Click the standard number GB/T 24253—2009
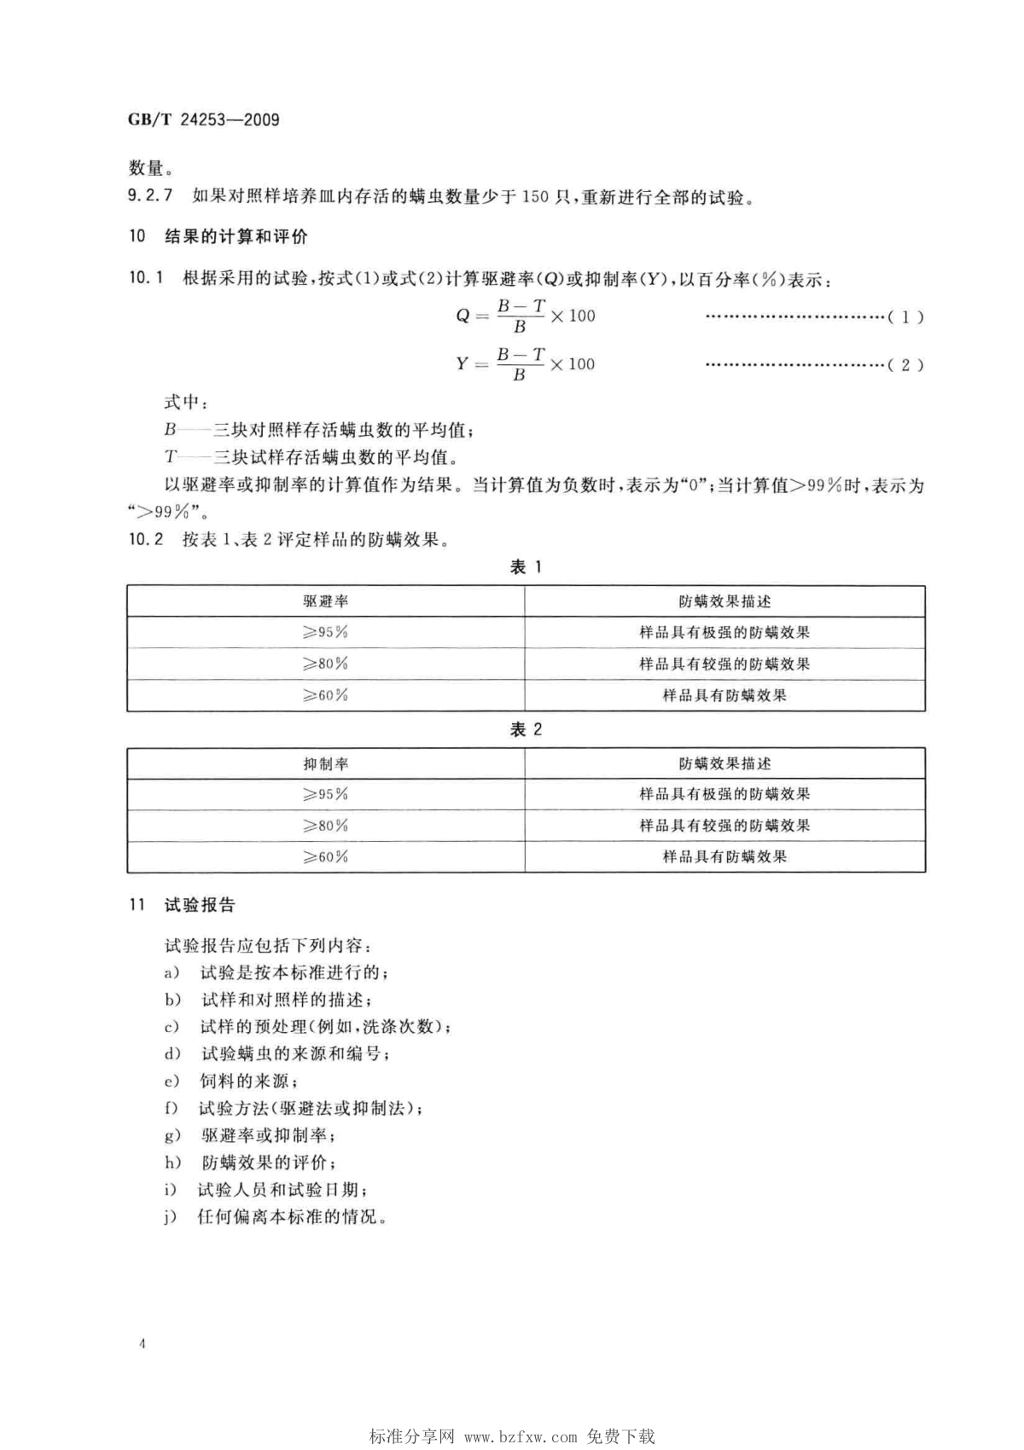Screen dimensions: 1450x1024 click(204, 119)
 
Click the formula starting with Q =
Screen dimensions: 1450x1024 click(525, 316)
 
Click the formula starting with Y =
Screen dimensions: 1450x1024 click(525, 364)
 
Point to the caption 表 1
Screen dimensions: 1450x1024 click(526, 567)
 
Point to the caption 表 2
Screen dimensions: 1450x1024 click(526, 729)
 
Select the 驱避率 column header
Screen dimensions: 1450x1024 click(325, 601)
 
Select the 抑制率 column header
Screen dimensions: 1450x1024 click(325, 763)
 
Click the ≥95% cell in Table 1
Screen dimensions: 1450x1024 click(325, 632)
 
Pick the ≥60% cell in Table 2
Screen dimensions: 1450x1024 click(325, 856)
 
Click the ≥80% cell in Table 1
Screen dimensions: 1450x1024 click(325, 664)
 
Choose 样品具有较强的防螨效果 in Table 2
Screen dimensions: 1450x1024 click(724, 826)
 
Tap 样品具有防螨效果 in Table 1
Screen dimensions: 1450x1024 click(724, 695)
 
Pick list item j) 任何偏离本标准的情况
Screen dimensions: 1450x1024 click(276, 1217)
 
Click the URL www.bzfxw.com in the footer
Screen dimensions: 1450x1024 click(521, 1437)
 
